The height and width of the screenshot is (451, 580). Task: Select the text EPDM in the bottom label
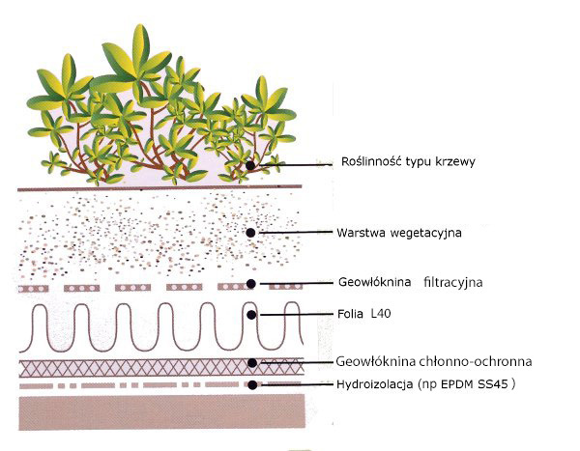pyautogui.click(x=469, y=383)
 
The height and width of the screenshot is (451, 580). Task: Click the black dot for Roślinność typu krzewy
pyautogui.click(x=250, y=165)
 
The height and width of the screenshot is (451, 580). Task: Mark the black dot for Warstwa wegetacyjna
pyautogui.click(x=251, y=233)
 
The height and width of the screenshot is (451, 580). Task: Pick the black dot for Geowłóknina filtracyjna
pyautogui.click(x=251, y=284)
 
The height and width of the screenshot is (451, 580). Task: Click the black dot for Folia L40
pyautogui.click(x=251, y=314)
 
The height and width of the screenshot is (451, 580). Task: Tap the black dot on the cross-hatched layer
pyautogui.click(x=251, y=363)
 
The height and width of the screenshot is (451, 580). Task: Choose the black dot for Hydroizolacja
pyautogui.click(x=251, y=384)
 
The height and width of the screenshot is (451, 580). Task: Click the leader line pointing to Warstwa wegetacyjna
pyautogui.click(x=295, y=233)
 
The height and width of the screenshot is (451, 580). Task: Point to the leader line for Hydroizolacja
pyautogui.click(x=295, y=384)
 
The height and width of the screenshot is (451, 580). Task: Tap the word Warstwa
pyautogui.click(x=355, y=233)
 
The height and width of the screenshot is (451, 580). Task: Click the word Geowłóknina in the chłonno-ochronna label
pyautogui.click(x=372, y=362)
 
